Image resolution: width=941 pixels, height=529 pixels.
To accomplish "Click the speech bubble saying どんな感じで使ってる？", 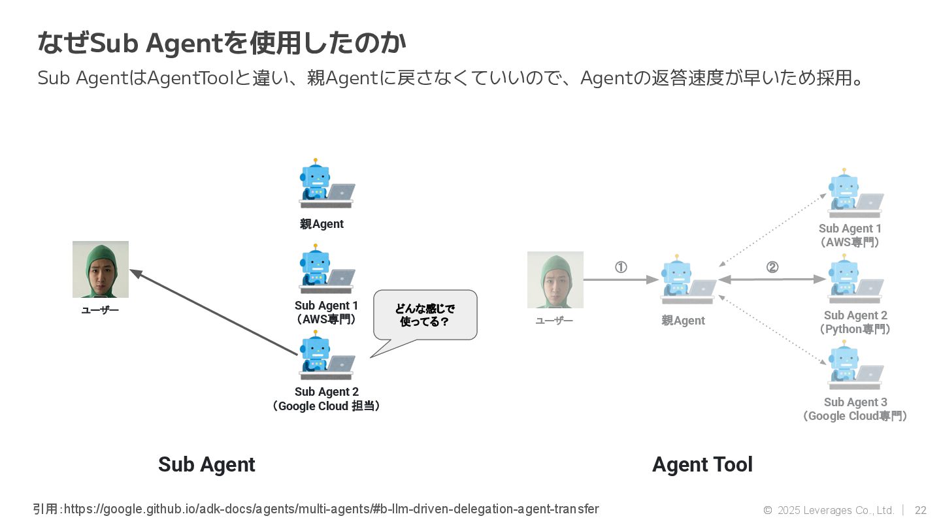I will click(425, 315).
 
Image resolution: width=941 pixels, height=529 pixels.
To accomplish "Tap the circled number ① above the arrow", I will click(621, 267).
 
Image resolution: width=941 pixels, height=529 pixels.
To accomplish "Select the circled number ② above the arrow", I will click(772, 267).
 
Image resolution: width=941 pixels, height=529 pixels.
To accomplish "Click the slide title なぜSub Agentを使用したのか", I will click(222, 43).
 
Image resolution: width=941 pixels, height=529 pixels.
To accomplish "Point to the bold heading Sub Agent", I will click(206, 464).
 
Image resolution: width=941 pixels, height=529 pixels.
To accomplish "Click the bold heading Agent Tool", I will click(702, 464).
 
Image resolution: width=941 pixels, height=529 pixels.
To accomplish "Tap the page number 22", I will click(920, 510).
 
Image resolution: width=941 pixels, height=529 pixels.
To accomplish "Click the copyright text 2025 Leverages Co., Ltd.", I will click(835, 510).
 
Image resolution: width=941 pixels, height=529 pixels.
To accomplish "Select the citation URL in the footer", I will click(331, 509).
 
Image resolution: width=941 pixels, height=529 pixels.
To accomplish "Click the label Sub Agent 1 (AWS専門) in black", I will click(326, 312).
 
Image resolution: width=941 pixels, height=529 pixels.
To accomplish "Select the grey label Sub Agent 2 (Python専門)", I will click(855, 322).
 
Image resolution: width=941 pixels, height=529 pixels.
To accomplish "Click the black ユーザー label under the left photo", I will click(100, 310).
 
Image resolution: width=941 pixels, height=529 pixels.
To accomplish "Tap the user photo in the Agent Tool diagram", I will click(555, 280).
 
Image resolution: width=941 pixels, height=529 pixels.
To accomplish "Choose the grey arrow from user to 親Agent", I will click(621, 280).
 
